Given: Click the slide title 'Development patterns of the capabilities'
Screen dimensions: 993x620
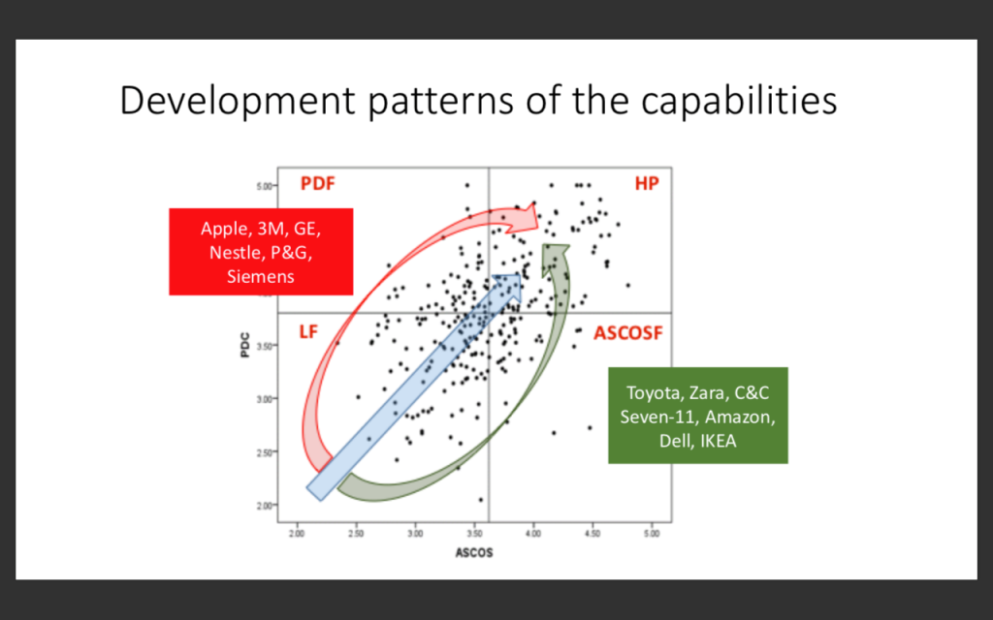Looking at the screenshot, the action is pyautogui.click(x=478, y=101).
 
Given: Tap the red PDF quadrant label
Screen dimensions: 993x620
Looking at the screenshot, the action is pyautogui.click(x=317, y=183).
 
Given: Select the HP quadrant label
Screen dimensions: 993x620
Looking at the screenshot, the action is pyautogui.click(x=647, y=183).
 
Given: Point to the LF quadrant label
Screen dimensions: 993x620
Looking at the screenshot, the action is pyautogui.click(x=308, y=331).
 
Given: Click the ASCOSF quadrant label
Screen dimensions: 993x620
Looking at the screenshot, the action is pyautogui.click(x=627, y=333).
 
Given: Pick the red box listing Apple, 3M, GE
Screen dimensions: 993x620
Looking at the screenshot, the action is pyautogui.click(x=261, y=252).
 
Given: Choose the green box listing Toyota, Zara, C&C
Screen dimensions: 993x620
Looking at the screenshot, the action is pyautogui.click(x=698, y=416).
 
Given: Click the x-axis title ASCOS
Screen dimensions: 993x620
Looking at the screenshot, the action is pyautogui.click(x=473, y=553).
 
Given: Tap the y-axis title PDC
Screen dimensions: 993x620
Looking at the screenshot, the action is pyautogui.click(x=245, y=346).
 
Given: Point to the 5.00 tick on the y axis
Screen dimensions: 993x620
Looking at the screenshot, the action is pyautogui.click(x=264, y=186).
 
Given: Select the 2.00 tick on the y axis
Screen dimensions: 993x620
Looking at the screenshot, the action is pyautogui.click(x=264, y=505).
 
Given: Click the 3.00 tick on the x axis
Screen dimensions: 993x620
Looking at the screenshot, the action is pyautogui.click(x=415, y=534).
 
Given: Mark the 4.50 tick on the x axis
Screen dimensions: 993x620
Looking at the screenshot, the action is pyautogui.click(x=593, y=534).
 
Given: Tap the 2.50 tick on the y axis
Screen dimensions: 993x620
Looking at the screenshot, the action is pyautogui.click(x=264, y=451).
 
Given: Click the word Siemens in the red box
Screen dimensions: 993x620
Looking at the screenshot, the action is pyautogui.click(x=261, y=276).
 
